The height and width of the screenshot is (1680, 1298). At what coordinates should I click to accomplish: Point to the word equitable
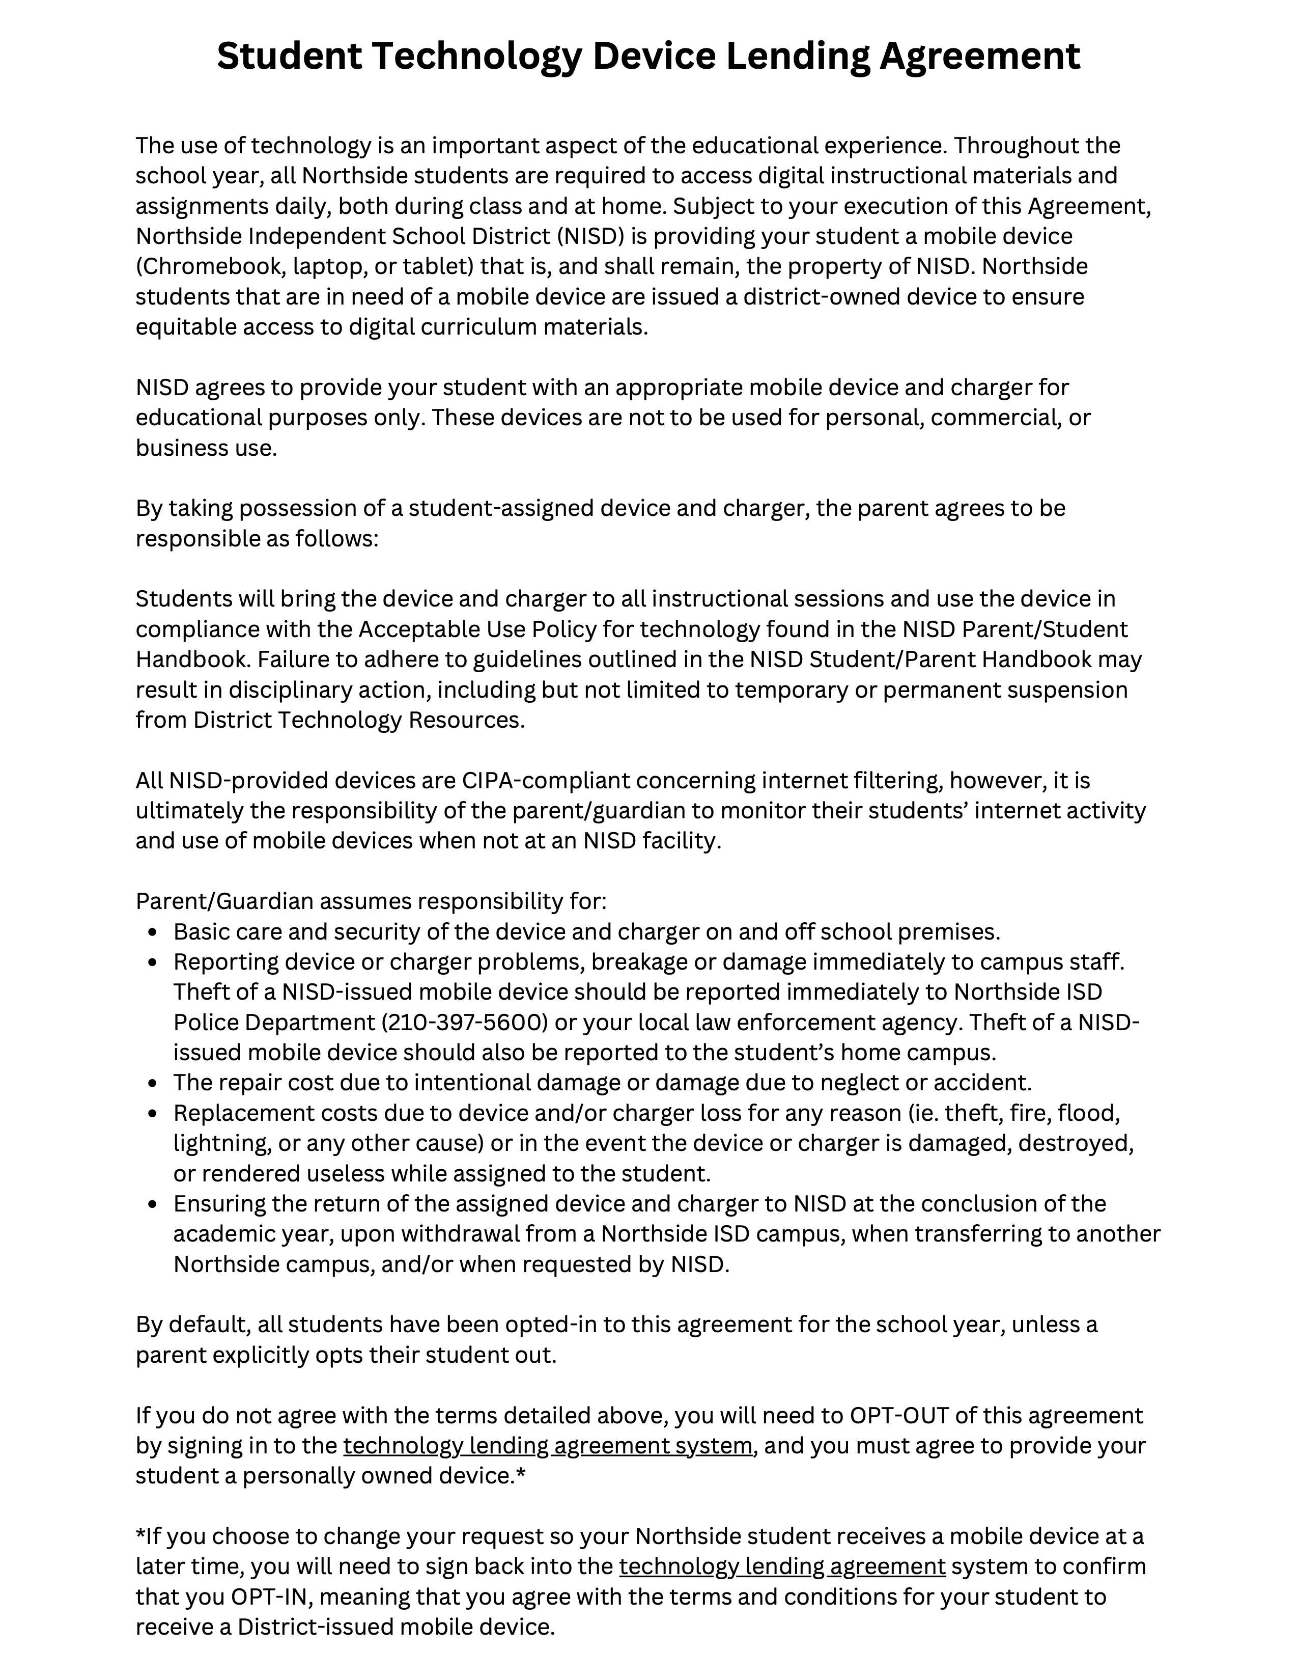(186, 327)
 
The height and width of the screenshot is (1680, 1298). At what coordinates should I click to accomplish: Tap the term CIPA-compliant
(545, 781)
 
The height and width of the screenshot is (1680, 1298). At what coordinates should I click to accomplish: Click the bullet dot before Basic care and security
(155, 933)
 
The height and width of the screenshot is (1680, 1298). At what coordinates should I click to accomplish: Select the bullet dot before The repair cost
(155, 1084)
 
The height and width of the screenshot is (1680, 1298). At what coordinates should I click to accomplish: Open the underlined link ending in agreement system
(548, 1446)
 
